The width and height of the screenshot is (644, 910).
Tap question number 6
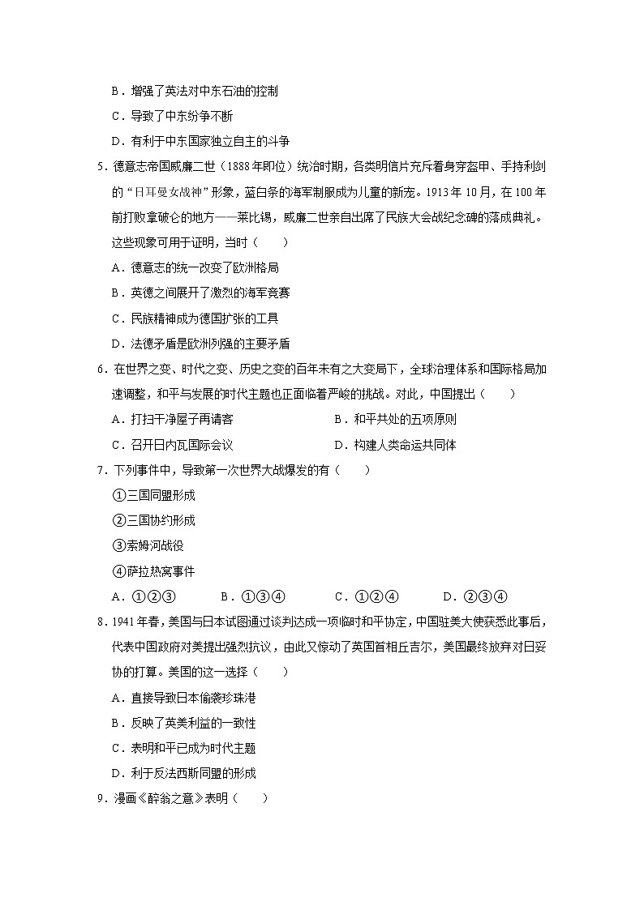click(x=100, y=370)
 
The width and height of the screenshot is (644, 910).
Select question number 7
click(x=100, y=470)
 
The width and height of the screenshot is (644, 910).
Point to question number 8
click(x=100, y=622)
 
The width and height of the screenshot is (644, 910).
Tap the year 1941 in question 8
click(x=122, y=622)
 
